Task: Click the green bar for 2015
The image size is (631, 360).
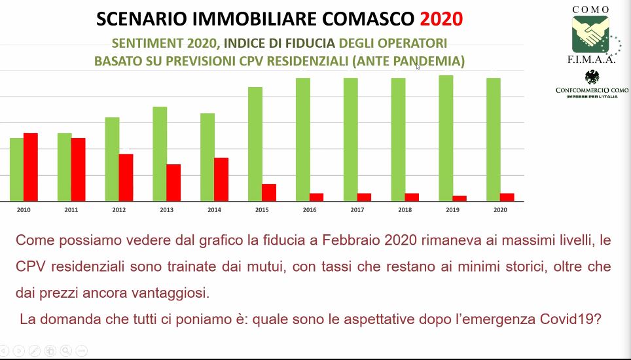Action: pos(255,144)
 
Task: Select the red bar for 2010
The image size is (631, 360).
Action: pos(31,167)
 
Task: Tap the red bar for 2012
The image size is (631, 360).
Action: pos(126,177)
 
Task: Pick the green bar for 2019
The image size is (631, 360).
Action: pos(446,138)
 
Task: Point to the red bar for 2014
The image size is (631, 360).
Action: pos(221,179)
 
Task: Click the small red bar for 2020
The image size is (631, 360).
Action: pos(507,197)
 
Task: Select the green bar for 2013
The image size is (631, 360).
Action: pos(160,154)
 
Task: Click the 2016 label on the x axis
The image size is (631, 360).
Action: pos(309,210)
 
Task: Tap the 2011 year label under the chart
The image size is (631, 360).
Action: pos(71,210)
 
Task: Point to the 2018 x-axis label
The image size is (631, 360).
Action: pos(405,210)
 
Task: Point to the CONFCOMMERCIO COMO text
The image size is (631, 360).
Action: pos(592,89)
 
